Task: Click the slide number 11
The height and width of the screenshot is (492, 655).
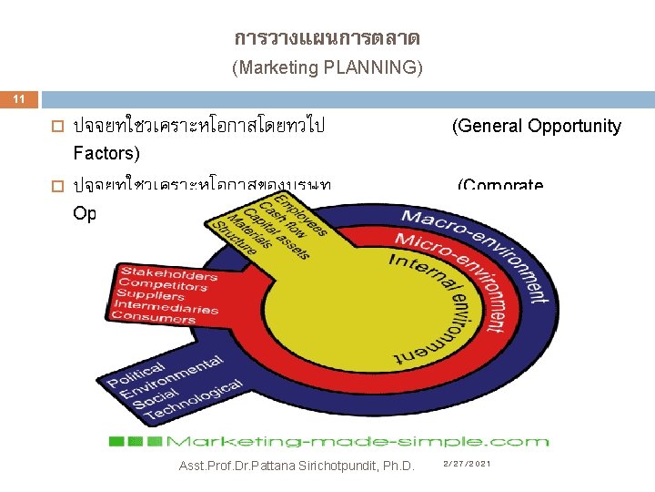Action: [15, 97]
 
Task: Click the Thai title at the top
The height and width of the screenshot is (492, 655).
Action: [327, 38]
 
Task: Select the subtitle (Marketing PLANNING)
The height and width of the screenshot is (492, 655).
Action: [327, 67]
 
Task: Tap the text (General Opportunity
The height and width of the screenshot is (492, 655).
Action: [537, 127]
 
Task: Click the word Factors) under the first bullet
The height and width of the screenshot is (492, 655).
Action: [107, 151]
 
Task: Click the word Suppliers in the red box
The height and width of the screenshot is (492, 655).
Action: [150, 296]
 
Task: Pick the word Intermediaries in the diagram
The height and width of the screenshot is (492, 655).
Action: [165, 307]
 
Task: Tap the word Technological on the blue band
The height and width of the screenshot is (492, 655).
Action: [195, 402]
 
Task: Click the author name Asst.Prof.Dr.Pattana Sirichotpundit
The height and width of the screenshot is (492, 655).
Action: [297, 466]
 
